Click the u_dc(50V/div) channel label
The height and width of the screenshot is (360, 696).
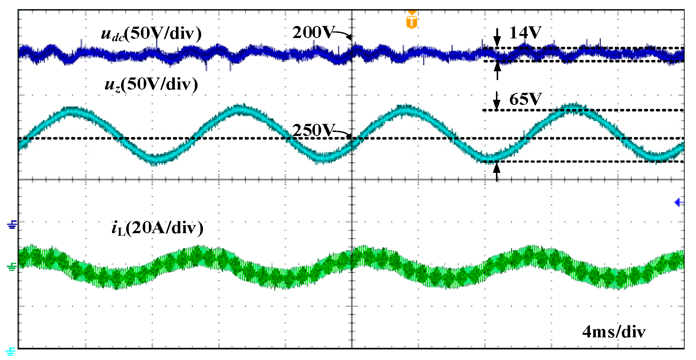coord(151,34)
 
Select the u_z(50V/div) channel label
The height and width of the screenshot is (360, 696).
coord(151,84)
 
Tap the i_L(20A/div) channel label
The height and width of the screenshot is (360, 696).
coord(157,228)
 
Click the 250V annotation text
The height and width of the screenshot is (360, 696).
coord(312,130)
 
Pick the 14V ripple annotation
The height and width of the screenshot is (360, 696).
coord(525,33)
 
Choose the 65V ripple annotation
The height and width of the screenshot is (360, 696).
coord(525,99)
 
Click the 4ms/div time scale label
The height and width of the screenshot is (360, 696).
coord(614,332)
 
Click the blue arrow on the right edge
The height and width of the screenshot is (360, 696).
coord(679,202)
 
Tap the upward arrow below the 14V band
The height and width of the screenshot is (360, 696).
coord(497,70)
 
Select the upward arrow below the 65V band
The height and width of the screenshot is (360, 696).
coord(497,171)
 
